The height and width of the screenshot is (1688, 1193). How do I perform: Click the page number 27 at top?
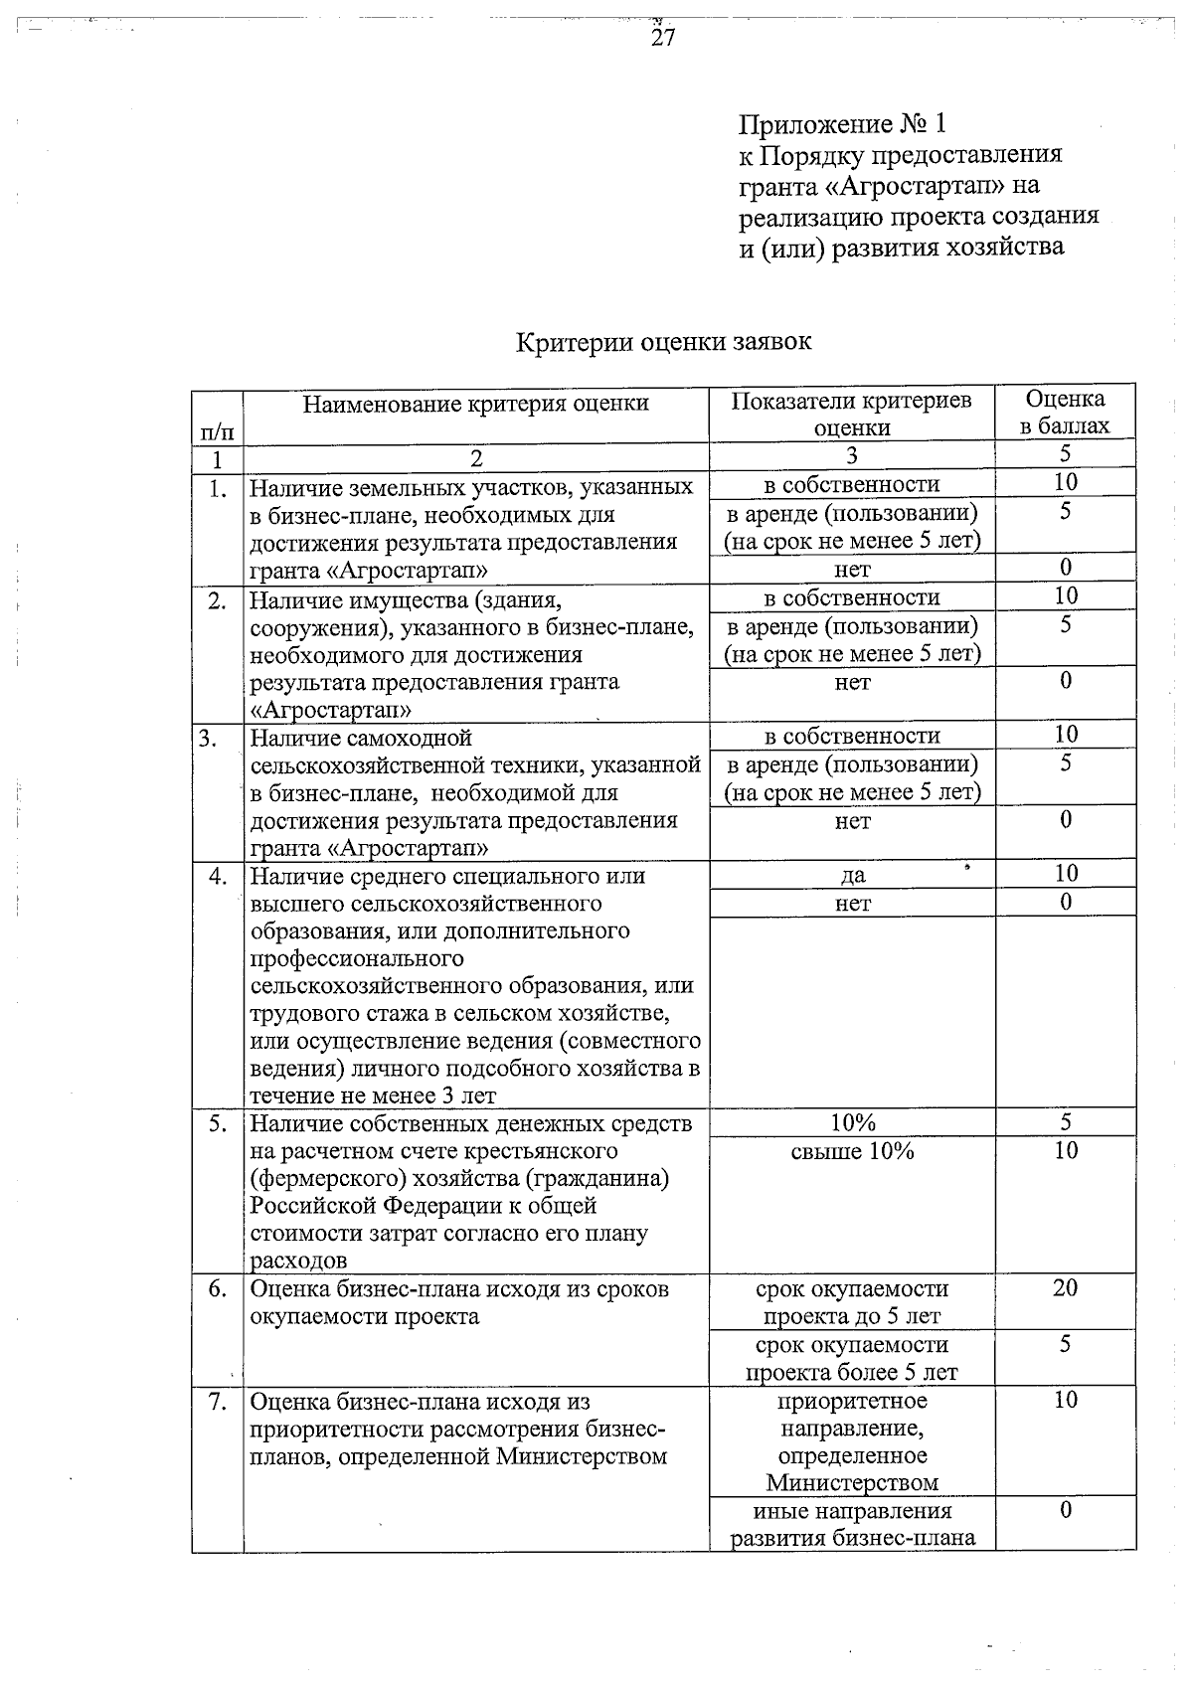[663, 38]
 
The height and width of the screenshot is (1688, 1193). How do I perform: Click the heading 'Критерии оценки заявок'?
[663, 342]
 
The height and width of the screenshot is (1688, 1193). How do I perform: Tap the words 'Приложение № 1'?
[842, 125]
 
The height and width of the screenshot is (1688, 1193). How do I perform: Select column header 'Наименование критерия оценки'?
[475, 404]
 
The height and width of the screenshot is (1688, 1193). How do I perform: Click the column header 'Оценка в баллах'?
[1065, 413]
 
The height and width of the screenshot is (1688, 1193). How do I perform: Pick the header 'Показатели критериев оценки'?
[852, 414]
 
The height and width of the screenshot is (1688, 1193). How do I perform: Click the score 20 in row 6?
[1065, 1288]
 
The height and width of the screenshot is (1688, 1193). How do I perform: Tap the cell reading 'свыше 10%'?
[852, 1151]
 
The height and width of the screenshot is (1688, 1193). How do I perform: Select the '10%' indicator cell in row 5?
[852, 1123]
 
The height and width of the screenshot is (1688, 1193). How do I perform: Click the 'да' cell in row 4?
[852, 875]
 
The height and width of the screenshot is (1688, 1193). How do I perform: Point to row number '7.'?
[218, 1402]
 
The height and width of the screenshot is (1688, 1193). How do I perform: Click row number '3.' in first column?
[210, 739]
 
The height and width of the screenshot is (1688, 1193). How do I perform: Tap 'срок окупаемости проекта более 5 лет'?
[852, 1359]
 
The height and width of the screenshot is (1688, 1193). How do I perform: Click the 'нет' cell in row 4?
[852, 904]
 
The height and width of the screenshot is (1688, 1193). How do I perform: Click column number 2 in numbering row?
[475, 458]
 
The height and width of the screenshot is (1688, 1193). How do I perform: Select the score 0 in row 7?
[1065, 1511]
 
